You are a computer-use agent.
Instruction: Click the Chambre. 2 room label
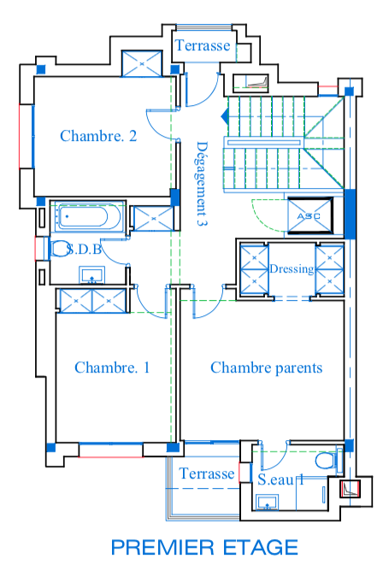click(98, 136)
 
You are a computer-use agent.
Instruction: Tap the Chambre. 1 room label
click(112, 367)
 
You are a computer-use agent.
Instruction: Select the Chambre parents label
click(266, 367)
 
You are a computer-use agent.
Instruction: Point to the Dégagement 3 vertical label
click(202, 184)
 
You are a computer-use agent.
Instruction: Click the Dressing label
click(292, 268)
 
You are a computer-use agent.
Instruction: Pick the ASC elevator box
click(310, 216)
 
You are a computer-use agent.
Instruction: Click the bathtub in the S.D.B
click(87, 216)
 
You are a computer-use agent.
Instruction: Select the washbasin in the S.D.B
click(91, 274)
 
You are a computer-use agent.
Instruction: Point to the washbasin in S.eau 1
click(268, 503)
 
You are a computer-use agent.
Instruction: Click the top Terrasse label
click(203, 45)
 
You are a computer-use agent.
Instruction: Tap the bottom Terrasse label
click(206, 473)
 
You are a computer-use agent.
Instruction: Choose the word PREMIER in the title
click(163, 547)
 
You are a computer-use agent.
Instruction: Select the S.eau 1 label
click(281, 479)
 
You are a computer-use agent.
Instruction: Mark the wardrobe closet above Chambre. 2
click(142, 64)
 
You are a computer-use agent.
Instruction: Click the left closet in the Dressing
click(254, 268)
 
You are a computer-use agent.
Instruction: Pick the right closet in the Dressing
click(329, 269)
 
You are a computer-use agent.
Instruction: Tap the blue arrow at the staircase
click(225, 117)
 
